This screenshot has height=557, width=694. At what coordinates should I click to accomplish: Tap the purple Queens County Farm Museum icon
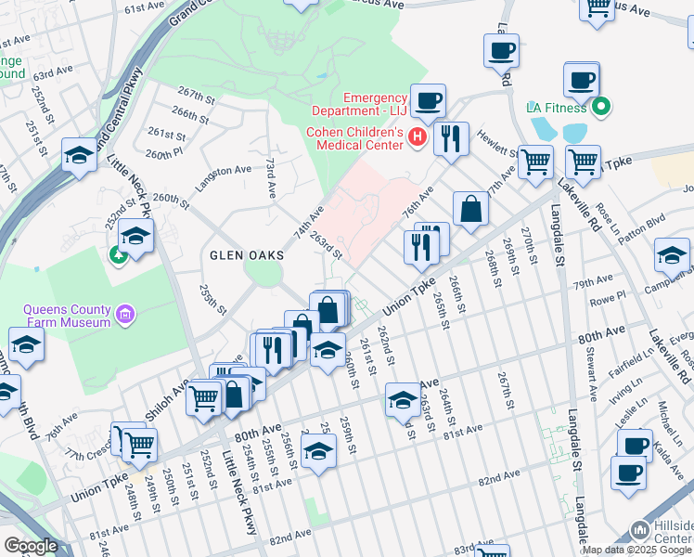[x=126, y=316]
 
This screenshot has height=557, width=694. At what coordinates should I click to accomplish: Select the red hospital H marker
[x=417, y=138]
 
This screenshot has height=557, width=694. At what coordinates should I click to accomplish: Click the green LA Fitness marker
[x=601, y=108]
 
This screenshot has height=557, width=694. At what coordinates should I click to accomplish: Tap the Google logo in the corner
[x=31, y=545]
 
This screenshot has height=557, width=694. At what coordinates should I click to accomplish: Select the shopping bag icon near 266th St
[x=471, y=209]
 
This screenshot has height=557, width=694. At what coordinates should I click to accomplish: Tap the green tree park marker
[x=118, y=253]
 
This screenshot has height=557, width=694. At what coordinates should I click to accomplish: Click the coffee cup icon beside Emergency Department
[x=428, y=99]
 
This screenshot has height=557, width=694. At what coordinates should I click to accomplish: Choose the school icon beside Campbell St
[x=672, y=253]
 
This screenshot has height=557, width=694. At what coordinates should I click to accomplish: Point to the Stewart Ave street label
[x=590, y=365]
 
